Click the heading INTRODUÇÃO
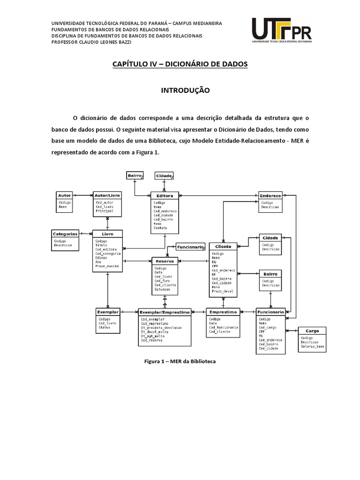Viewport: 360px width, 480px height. coord(180,90)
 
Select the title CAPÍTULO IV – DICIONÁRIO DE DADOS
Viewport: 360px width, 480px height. coord(180,64)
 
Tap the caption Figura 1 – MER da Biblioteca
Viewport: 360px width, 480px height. coord(180,361)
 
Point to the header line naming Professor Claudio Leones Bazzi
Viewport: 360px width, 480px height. coord(91,41)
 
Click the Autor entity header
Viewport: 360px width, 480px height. coord(64,195)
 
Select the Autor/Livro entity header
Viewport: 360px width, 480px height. coord(107,195)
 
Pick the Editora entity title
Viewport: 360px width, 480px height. coord(165,195)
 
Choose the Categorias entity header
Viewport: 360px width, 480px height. coord(65,233)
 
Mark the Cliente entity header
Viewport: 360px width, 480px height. coord(223,246)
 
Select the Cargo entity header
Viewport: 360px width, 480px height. coord(312,330)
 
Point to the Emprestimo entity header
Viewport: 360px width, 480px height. coord(223,312)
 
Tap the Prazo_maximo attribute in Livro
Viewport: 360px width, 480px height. coord(107,266)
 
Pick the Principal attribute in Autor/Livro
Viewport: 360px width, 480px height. coord(105,211)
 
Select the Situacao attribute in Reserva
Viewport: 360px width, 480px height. coord(163,289)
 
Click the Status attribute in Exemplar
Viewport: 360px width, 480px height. coord(105,327)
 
